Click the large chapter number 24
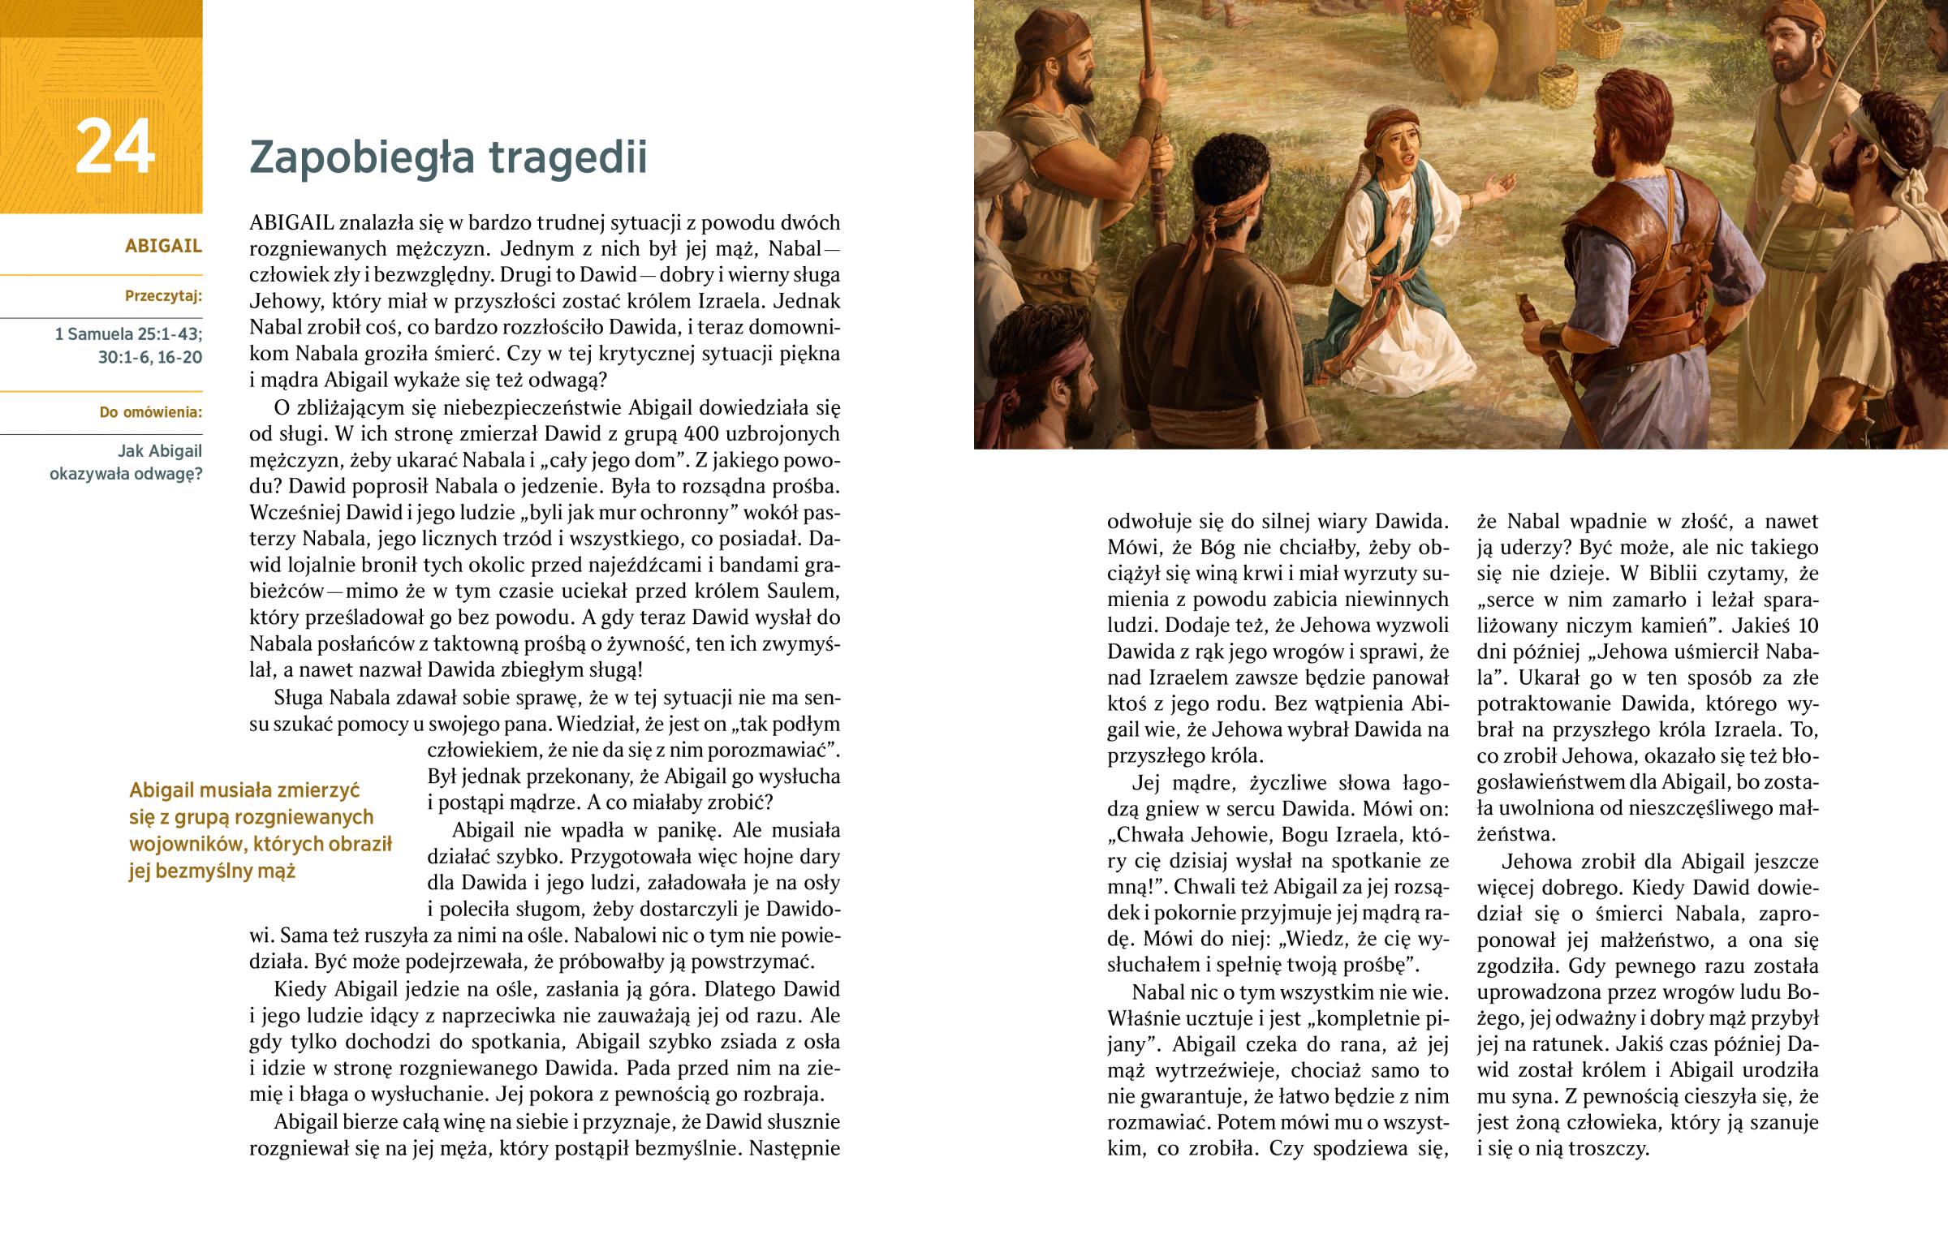point(114,146)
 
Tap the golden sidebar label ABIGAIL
point(162,247)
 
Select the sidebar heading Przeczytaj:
point(162,296)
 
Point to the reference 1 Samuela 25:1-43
point(128,334)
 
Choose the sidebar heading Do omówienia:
point(150,412)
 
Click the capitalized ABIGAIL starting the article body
point(291,223)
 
